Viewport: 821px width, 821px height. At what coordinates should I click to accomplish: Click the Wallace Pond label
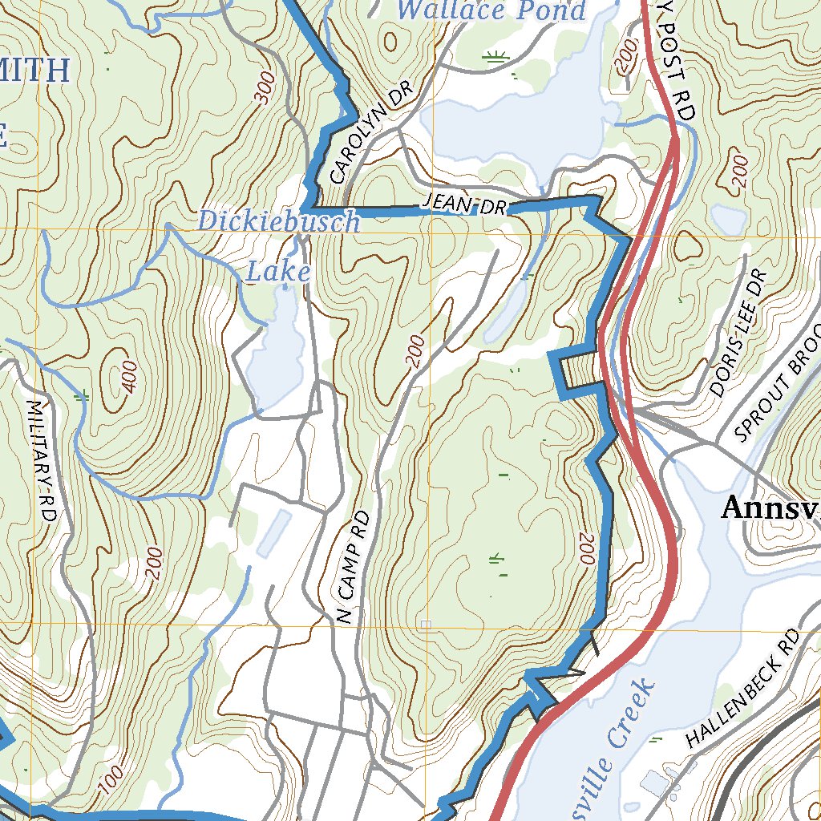491,10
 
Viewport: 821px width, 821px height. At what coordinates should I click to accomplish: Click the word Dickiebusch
279,221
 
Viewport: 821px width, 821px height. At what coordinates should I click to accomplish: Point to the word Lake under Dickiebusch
277,272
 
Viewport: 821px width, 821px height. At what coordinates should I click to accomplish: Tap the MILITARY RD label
39,460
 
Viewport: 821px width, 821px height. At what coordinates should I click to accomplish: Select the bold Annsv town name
770,508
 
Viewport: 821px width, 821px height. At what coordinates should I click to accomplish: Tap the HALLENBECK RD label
743,689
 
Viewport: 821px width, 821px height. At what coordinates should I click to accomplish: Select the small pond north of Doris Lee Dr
727,218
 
